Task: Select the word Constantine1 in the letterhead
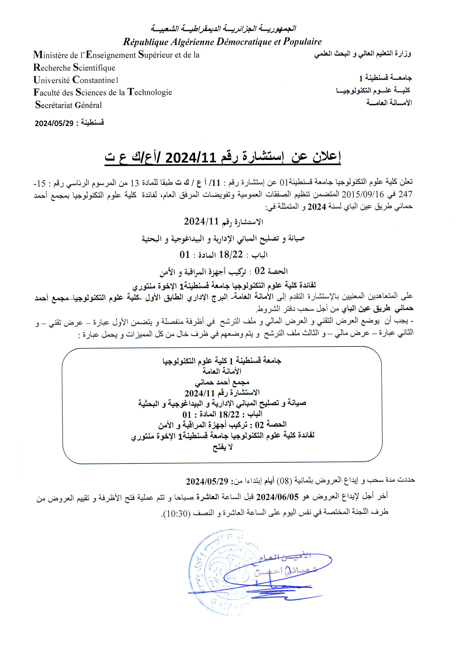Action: click(x=95, y=80)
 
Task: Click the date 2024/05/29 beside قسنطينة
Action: click(x=54, y=123)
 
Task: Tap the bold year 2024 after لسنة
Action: click(x=317, y=207)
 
